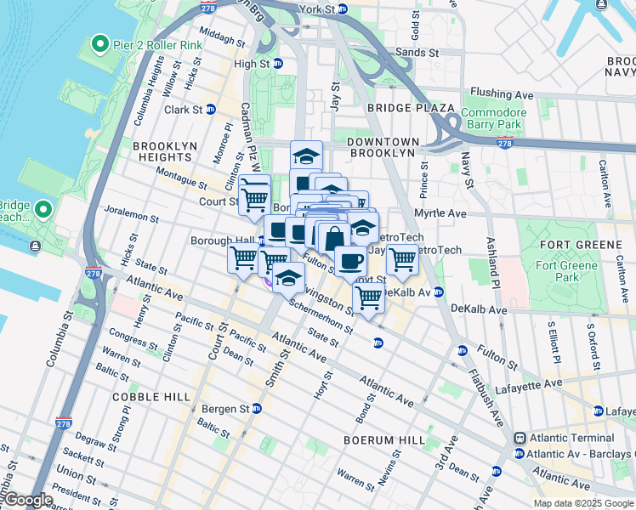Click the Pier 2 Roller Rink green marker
tap(99, 44)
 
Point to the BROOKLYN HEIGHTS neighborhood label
tap(162, 151)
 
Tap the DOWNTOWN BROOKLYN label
tap(383, 147)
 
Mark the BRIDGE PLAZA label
tap(400, 108)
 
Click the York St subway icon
tap(343, 9)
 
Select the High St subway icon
tap(276, 64)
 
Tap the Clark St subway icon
tap(210, 110)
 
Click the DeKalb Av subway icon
tap(439, 292)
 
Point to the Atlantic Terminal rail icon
tap(520, 438)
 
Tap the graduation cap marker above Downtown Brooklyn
tap(306, 156)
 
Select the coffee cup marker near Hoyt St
tap(349, 261)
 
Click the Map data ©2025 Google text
tap(582, 503)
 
